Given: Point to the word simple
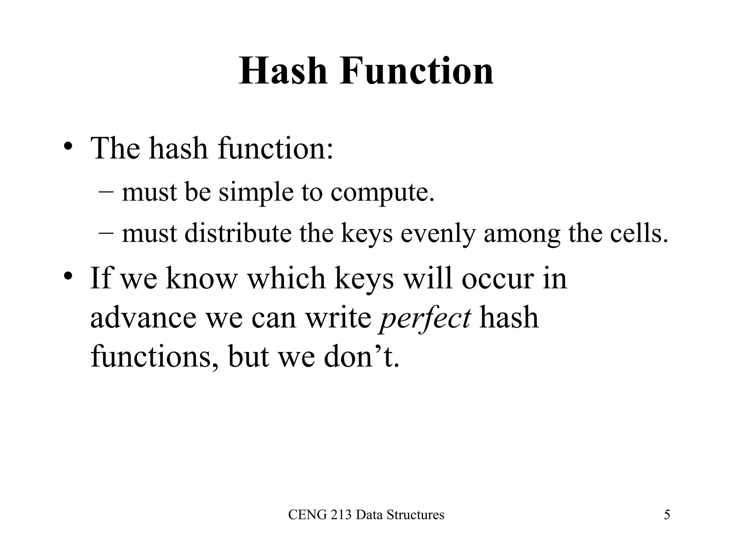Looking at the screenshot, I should click(256, 192).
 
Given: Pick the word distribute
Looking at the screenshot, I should click(238, 233).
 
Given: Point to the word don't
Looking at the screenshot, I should click(361, 357).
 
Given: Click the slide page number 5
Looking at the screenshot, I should click(667, 515).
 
